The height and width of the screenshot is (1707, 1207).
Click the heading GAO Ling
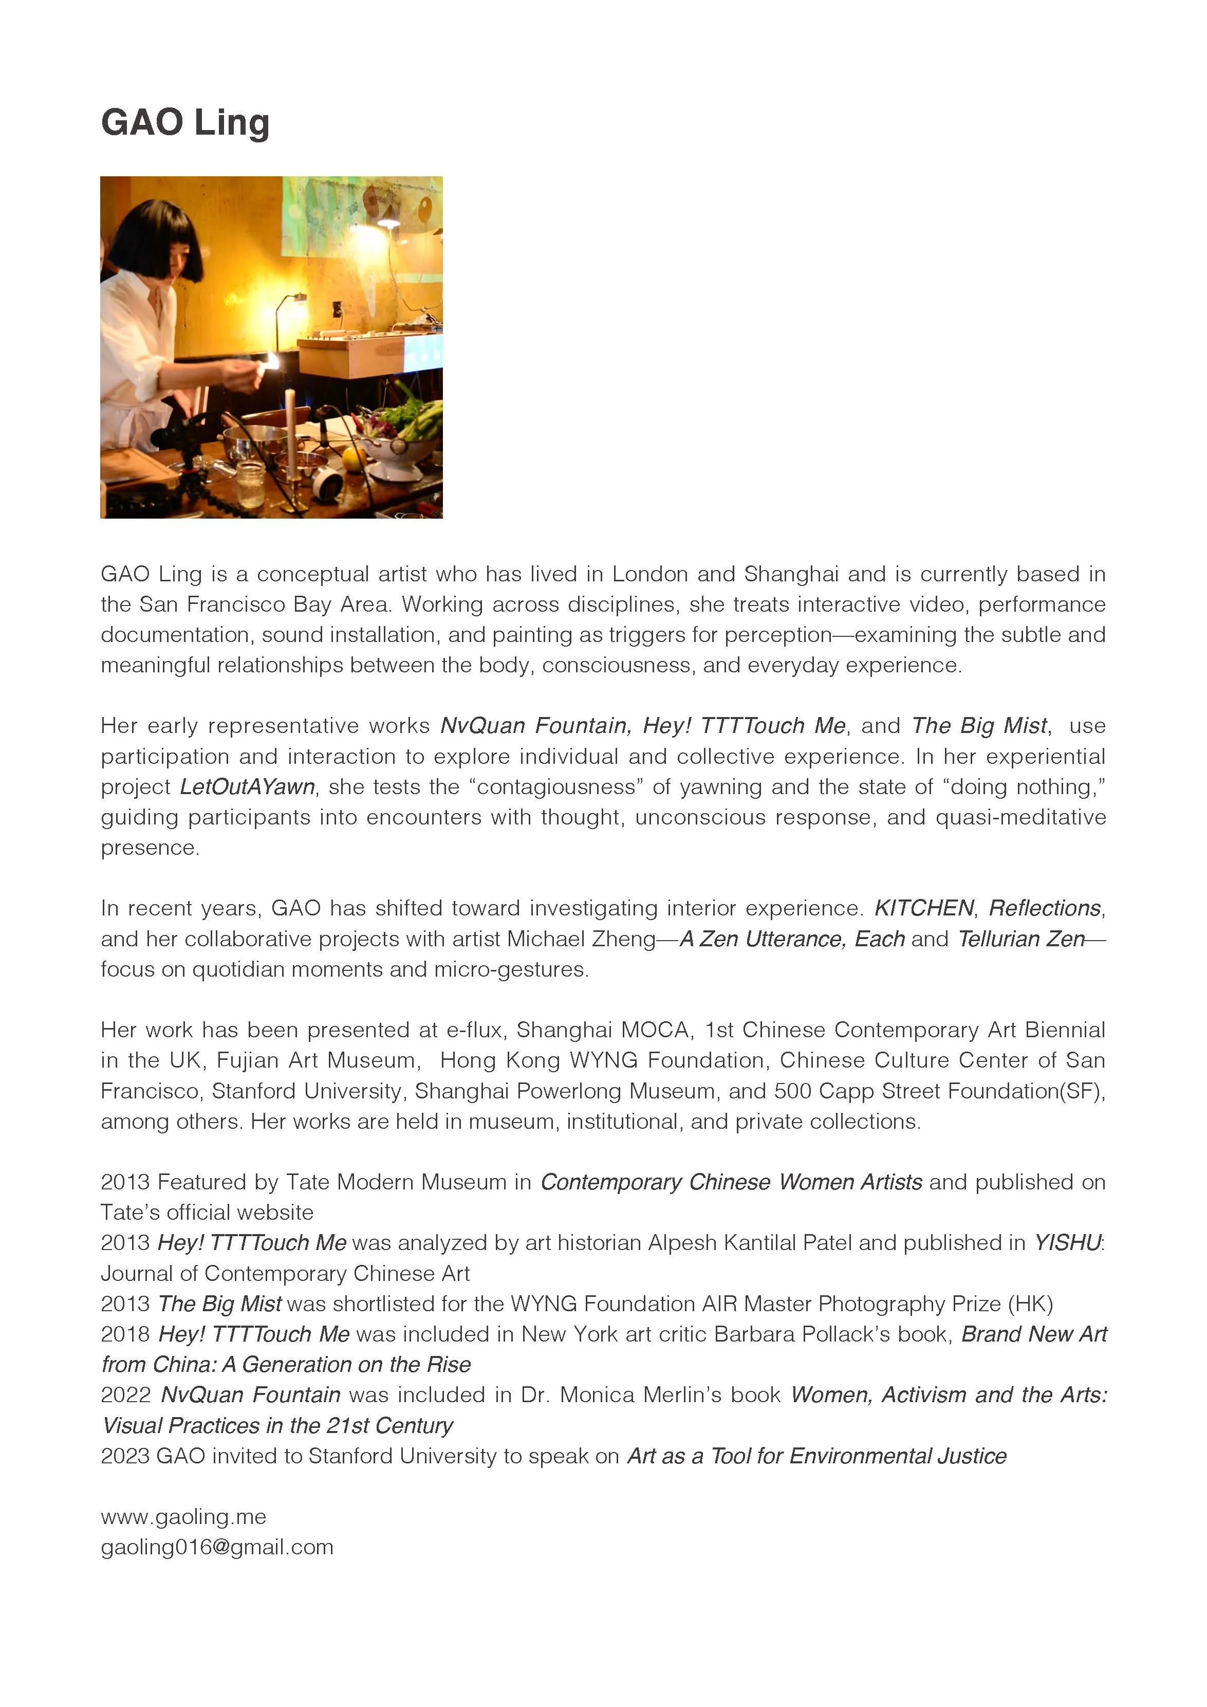[x=185, y=123]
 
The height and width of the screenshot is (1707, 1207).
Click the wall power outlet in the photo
[x=336, y=306]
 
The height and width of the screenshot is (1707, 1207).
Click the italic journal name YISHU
[x=1067, y=1242]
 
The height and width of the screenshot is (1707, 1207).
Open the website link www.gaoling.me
[x=183, y=1517]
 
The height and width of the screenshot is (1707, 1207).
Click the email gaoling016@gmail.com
[x=217, y=1547]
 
